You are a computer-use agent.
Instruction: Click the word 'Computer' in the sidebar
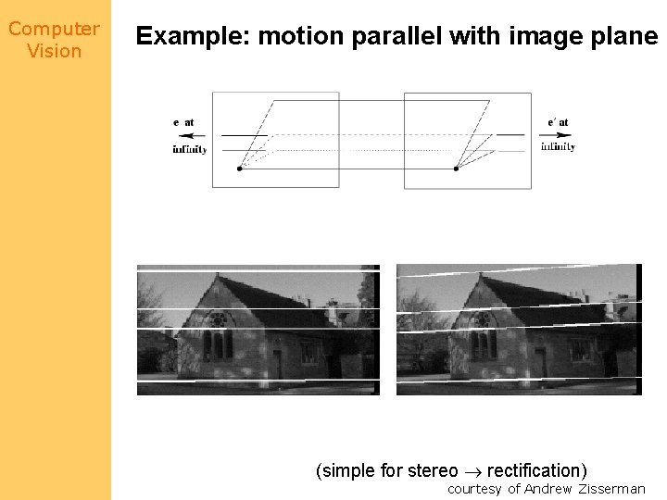54,29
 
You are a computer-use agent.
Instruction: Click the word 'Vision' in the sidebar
54,51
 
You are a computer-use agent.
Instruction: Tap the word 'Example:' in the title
193,37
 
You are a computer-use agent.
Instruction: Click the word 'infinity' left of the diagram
189,149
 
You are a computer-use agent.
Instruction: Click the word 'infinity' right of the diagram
558,146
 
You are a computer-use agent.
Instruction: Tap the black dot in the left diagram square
240,169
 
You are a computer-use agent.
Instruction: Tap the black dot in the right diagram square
456,169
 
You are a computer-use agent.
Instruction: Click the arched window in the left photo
218,319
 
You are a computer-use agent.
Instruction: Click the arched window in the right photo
481,320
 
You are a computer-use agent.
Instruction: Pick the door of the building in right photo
540,363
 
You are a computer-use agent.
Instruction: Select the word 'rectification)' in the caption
536,470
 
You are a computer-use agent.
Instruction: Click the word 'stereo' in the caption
433,470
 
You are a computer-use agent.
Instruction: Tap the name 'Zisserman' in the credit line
611,489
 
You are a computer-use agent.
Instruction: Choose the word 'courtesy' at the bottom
474,489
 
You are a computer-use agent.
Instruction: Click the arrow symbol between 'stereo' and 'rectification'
472,470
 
